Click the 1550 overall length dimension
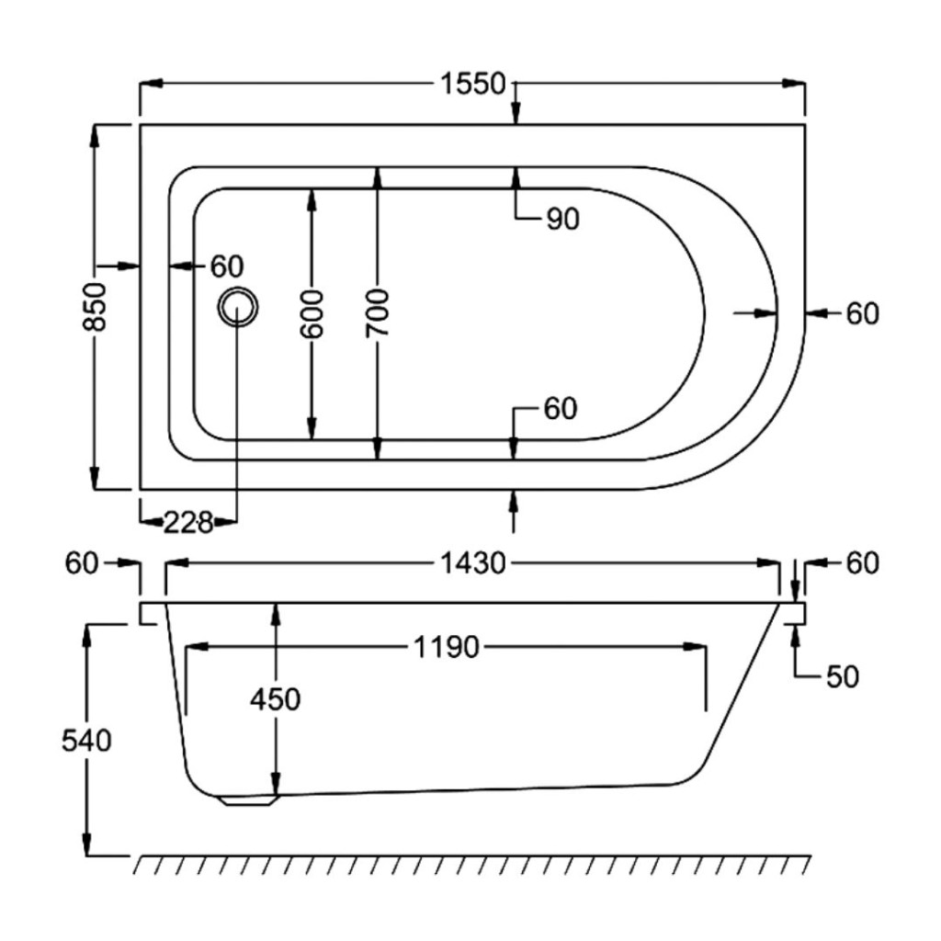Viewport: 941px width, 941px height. coord(473,84)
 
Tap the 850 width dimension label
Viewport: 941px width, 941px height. coord(95,307)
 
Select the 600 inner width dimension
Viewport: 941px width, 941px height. coord(312,314)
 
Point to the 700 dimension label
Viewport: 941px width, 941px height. coord(378,312)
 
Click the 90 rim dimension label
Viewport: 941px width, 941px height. coord(563,219)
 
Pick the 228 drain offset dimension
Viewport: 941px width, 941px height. coord(188,523)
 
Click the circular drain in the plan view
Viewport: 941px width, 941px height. coord(238,307)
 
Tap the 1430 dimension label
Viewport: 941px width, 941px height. coord(473,563)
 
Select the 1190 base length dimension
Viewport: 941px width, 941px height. coord(447,648)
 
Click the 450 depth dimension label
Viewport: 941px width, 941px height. coord(276,699)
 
